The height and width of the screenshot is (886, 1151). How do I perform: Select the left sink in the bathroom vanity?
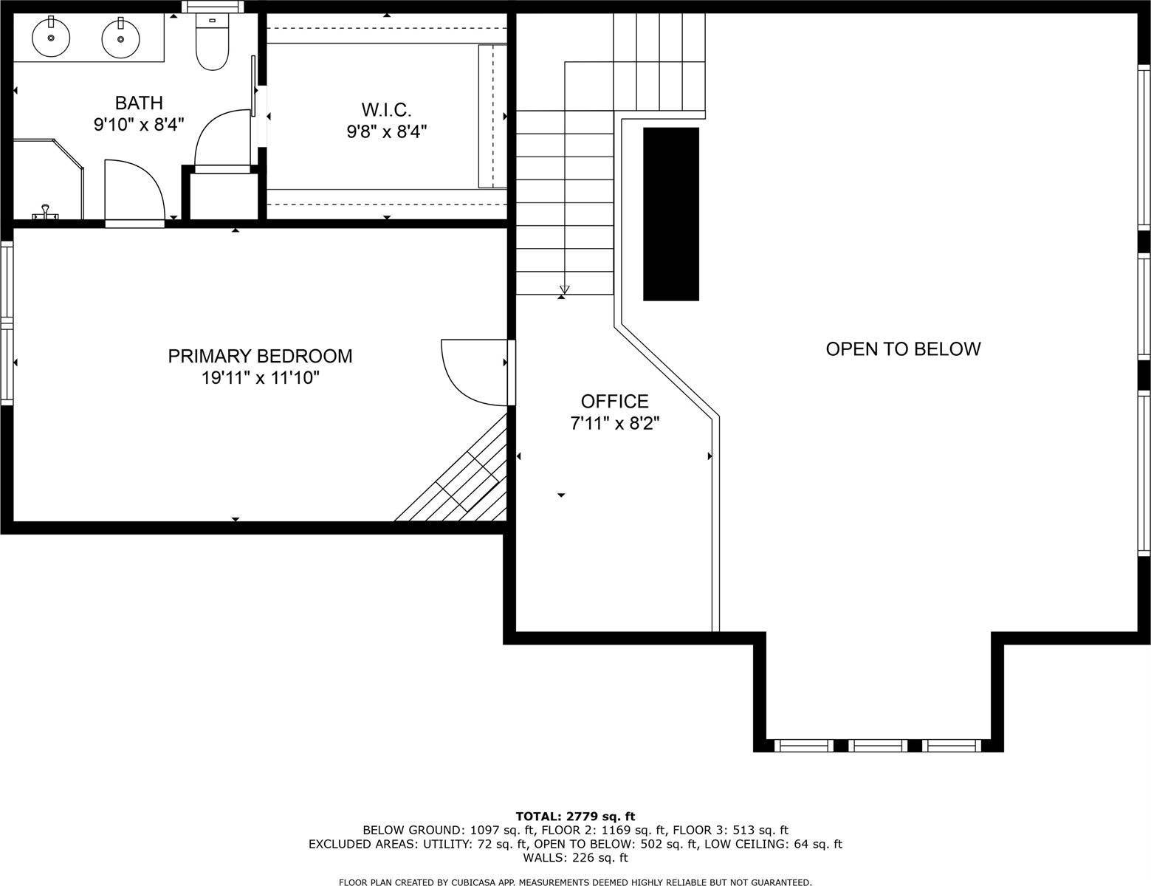tap(51, 36)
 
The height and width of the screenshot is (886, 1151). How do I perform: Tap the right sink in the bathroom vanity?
tap(120, 38)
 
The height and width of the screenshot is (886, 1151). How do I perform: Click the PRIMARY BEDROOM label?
tap(260, 356)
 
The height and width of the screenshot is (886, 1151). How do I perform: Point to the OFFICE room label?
tap(614, 401)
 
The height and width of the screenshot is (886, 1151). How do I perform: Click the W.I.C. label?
tap(386, 110)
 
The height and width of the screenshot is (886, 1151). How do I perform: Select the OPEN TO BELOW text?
tap(902, 348)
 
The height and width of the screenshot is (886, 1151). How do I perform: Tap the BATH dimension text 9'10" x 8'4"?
tap(138, 124)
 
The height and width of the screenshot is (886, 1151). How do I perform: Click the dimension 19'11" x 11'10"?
tap(260, 378)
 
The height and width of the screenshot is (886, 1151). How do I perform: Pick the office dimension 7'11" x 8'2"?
tap(614, 423)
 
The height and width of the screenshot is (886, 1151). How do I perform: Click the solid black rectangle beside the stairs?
tap(670, 214)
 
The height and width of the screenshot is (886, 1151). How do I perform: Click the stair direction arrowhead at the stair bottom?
tap(565, 289)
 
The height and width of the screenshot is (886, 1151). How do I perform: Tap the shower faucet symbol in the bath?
tap(45, 212)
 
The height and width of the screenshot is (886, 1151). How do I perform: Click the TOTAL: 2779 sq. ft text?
tap(575, 816)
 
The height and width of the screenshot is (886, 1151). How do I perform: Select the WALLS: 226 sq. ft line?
tap(575, 857)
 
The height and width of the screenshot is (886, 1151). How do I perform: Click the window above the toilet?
tap(213, 6)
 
